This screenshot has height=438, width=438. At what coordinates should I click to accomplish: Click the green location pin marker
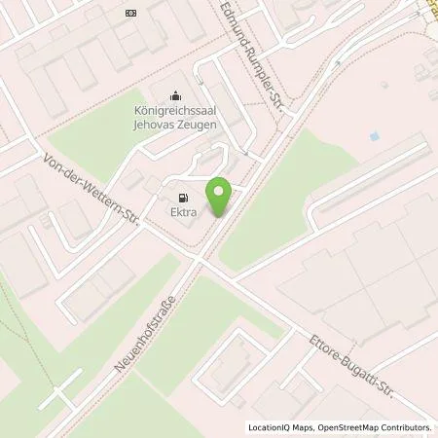coord(222,198)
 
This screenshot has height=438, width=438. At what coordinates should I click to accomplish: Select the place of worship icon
coord(174,95)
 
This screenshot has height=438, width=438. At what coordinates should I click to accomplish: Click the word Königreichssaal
coord(174,110)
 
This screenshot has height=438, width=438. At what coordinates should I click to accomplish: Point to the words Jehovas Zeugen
coord(174,123)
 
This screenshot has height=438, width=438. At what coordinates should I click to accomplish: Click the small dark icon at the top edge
coord(131,14)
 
